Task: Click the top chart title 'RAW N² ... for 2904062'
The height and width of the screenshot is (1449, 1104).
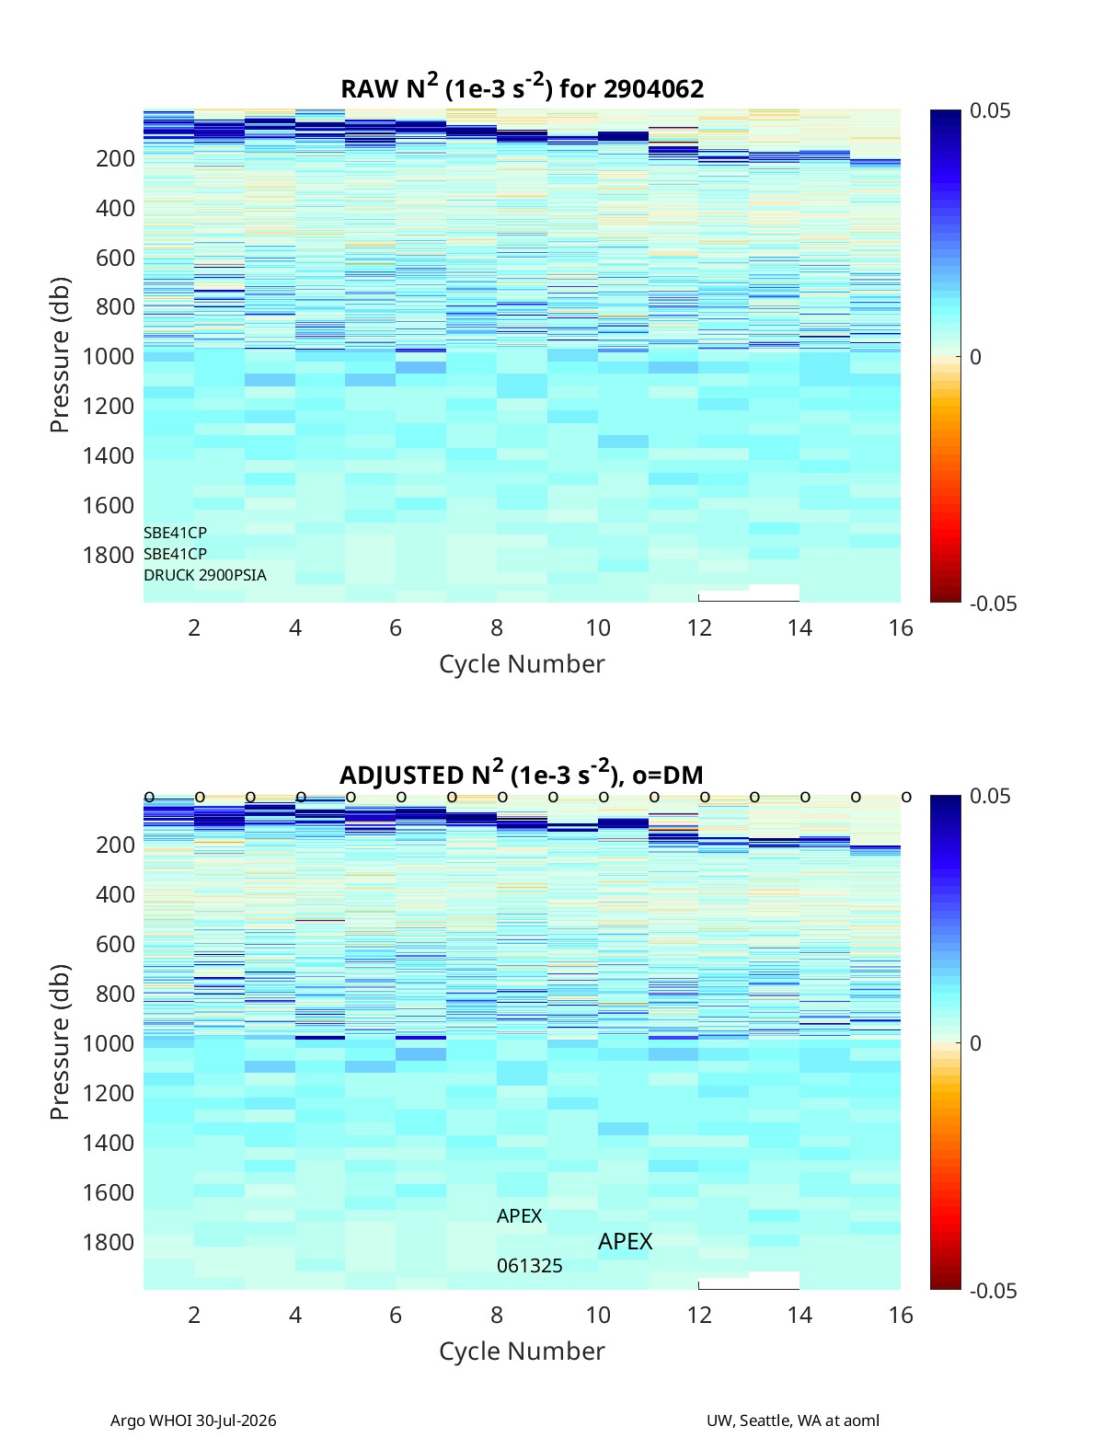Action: (x=522, y=87)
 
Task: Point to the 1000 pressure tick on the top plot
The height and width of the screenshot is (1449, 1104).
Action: (x=109, y=356)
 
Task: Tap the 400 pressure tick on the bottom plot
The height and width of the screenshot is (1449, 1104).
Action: (x=116, y=894)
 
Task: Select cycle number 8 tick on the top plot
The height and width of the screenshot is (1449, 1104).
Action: (x=497, y=627)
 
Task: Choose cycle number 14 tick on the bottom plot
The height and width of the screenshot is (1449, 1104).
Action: (x=799, y=1315)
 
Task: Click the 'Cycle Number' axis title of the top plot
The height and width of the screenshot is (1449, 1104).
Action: (x=522, y=664)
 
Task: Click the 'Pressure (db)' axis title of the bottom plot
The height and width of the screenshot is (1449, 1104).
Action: (x=60, y=1042)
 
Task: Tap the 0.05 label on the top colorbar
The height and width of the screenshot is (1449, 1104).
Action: (x=990, y=110)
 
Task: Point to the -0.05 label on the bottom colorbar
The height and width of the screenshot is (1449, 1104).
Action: (x=993, y=1291)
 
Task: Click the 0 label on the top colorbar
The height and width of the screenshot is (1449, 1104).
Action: (x=975, y=357)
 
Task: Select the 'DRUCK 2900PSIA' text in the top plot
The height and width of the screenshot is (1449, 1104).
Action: (x=205, y=575)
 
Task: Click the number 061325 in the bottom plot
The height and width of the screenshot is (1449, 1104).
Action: (x=529, y=1266)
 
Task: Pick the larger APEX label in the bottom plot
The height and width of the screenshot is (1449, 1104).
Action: (x=625, y=1242)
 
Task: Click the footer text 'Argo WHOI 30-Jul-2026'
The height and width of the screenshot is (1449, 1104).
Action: (x=193, y=1420)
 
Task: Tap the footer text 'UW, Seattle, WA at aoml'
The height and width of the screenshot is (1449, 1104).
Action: (x=792, y=1420)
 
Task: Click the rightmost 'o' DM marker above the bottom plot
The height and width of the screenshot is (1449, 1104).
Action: (x=906, y=797)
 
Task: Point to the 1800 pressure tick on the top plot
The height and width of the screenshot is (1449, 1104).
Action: (x=109, y=555)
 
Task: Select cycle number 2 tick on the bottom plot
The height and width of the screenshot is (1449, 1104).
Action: (x=194, y=1315)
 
